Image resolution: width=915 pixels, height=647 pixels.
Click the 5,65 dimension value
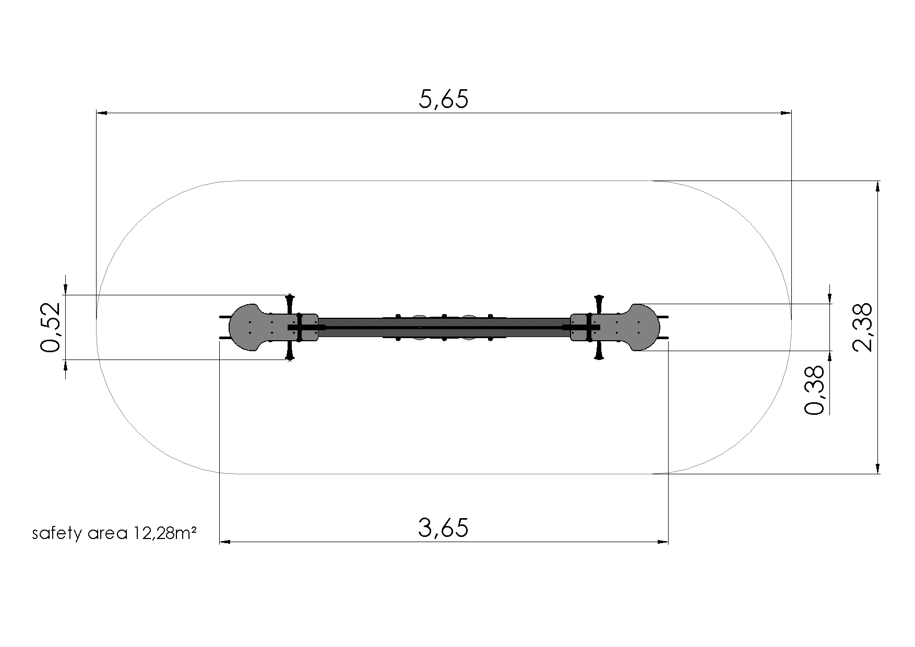point(444,99)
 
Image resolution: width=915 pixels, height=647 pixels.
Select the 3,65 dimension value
point(444,528)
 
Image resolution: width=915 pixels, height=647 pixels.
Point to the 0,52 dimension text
point(51,327)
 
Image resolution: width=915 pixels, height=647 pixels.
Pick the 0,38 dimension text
point(814,390)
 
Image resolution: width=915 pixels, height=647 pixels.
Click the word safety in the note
point(53,534)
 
